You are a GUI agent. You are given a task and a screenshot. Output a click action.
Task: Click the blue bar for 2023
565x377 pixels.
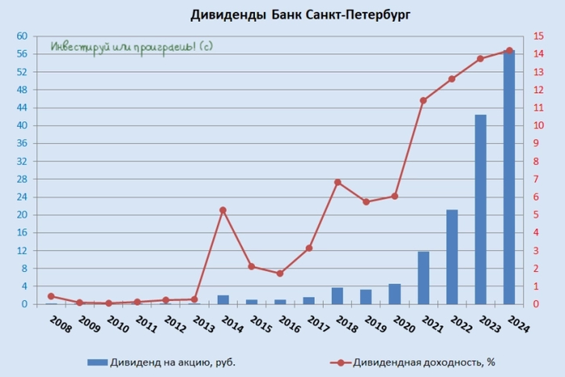click(480, 209)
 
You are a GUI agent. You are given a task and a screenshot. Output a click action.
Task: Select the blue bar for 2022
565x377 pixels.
click(452, 257)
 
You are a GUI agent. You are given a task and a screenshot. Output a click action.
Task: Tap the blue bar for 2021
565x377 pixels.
click(423, 278)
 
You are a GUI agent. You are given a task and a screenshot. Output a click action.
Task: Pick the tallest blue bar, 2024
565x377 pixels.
click(509, 177)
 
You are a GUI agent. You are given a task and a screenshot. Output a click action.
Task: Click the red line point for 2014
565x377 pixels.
click(223, 210)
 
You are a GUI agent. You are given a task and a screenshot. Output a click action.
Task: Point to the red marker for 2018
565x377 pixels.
click(337, 182)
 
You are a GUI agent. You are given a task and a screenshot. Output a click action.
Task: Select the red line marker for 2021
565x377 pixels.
click(423, 100)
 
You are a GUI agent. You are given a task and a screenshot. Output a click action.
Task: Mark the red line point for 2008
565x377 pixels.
click(50, 296)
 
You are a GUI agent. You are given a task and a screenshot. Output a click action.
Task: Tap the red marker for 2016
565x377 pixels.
click(280, 274)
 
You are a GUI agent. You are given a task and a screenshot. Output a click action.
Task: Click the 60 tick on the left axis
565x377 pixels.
click(22, 36)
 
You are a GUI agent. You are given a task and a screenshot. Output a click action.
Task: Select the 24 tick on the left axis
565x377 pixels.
click(22, 197)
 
